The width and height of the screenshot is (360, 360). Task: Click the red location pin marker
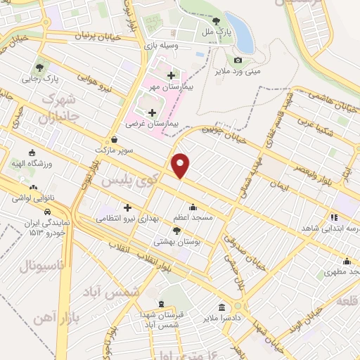(x=181, y=165)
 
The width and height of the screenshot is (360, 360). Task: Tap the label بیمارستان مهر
(x=165, y=88)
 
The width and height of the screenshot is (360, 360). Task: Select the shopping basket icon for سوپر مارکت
(x=115, y=139)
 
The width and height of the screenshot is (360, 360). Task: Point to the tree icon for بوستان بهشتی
(x=176, y=230)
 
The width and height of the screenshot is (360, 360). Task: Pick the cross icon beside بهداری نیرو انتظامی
(x=127, y=207)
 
